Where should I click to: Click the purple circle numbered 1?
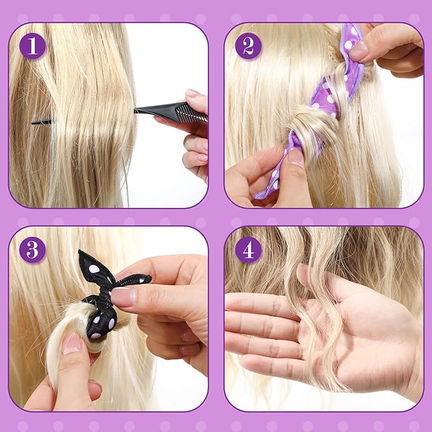pyautogui.click(x=32, y=46)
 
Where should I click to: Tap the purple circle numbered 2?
pyautogui.click(x=248, y=46)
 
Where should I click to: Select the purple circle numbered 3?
pyautogui.click(x=32, y=249)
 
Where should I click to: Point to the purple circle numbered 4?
pyautogui.click(x=248, y=249)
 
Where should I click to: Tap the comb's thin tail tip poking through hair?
pyautogui.click(x=32, y=123)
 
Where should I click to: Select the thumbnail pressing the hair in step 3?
pyautogui.click(x=71, y=343)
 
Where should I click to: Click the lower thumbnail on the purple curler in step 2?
pyautogui.click(x=296, y=157)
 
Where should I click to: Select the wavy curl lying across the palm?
pyautogui.click(x=317, y=317)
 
